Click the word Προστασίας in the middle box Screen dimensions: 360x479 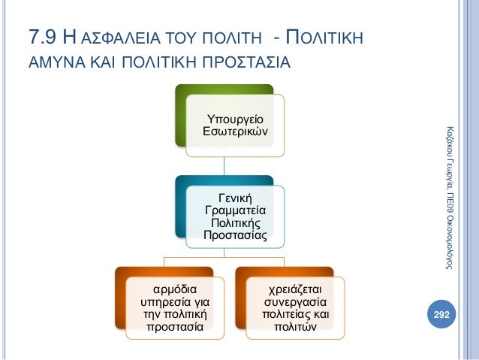(236, 235)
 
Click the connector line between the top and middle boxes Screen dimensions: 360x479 (224, 166)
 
